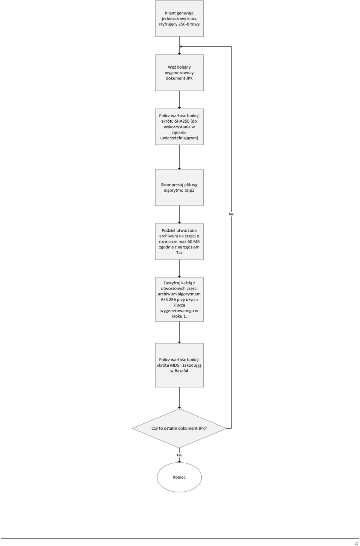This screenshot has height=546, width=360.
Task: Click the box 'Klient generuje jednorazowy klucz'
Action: tap(179, 18)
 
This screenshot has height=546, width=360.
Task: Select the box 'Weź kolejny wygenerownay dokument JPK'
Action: tap(179, 73)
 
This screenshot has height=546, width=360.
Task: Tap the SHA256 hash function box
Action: tap(179, 127)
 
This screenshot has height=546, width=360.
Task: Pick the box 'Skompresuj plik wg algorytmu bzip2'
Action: tap(179, 187)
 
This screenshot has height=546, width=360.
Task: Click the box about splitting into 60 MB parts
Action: tap(179, 241)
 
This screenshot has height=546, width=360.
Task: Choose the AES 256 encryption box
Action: tap(179, 300)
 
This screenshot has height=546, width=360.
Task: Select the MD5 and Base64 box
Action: tap(179, 365)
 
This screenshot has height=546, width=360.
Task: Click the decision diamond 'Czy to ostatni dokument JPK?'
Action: tap(179, 428)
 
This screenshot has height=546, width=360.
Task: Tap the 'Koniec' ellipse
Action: tap(179, 477)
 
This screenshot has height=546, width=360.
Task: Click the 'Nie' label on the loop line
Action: tap(231, 214)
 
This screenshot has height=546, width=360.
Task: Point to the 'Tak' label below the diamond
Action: tap(179, 455)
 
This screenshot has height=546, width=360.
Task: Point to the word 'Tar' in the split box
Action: tap(179, 252)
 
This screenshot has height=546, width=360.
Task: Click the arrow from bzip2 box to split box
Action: tap(179, 214)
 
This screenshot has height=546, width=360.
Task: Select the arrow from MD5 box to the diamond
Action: tap(179, 398)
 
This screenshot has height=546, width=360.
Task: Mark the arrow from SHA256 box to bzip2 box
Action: tap(179, 157)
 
